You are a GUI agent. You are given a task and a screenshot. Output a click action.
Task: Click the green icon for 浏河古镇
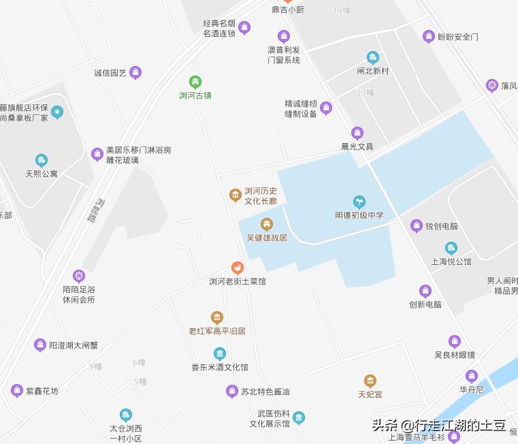click(195, 82)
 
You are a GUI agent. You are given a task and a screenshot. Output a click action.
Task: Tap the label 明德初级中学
click(359, 215)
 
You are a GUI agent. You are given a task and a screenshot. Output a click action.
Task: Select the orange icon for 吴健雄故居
click(267, 224)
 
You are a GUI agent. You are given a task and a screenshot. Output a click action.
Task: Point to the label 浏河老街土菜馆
click(237, 281)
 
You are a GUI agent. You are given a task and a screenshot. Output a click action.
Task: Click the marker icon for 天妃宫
click(370, 381)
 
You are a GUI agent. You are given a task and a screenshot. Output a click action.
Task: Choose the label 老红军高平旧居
click(217, 331)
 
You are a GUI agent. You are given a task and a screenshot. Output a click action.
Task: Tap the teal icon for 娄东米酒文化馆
click(219, 353)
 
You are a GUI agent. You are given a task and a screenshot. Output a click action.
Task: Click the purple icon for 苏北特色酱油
click(231, 392)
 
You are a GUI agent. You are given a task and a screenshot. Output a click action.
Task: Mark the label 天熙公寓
click(42, 174)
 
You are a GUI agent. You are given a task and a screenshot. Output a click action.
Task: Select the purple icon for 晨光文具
click(357, 133)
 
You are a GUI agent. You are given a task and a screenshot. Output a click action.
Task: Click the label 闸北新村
click(372, 71)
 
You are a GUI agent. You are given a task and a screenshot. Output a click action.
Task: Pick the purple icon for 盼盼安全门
click(429, 37)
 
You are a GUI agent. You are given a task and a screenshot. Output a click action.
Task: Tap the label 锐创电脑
click(442, 226)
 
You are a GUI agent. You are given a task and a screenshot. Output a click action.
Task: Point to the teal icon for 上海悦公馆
click(451, 249)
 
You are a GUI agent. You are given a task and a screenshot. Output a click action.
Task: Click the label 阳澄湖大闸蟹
click(74, 346)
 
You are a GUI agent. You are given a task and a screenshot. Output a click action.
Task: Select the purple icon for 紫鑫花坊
click(17, 391)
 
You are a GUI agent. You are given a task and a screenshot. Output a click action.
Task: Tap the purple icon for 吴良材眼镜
click(455, 341)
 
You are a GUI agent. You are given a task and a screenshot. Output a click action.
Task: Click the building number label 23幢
click(366, 93)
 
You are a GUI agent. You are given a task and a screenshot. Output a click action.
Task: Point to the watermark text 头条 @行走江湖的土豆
click(438, 426)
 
